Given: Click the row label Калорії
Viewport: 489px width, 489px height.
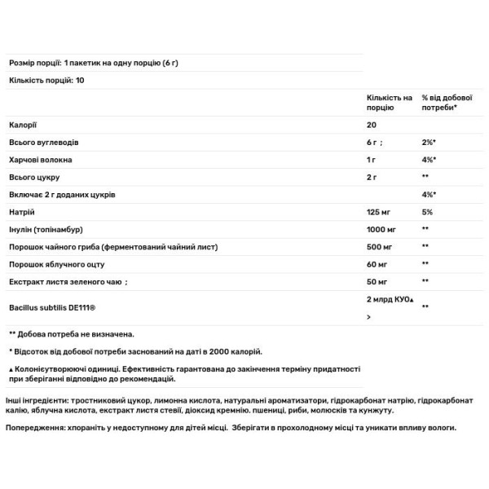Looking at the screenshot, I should coord(22,125).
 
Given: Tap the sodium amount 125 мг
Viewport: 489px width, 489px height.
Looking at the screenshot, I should coord(379,211).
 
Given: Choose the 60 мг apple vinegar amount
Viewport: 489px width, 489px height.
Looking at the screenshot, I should coord(377,264).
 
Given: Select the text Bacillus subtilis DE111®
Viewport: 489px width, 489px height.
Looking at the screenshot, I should coord(48,306).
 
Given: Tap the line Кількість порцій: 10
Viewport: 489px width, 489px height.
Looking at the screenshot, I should coord(46,80).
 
